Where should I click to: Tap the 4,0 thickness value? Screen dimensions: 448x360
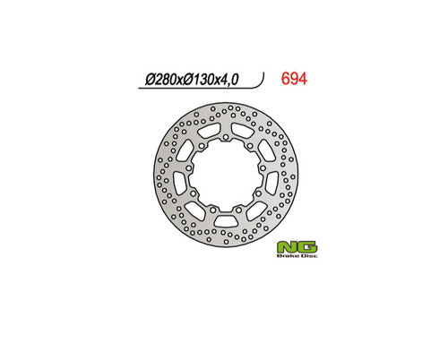(228, 80)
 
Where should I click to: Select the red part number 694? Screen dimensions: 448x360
(294, 79)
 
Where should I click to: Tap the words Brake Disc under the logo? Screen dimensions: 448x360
(297, 256)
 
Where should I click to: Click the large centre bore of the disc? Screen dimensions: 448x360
(226, 176)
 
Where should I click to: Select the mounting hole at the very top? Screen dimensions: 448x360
(226, 138)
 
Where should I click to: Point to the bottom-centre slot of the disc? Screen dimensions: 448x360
(226, 221)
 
